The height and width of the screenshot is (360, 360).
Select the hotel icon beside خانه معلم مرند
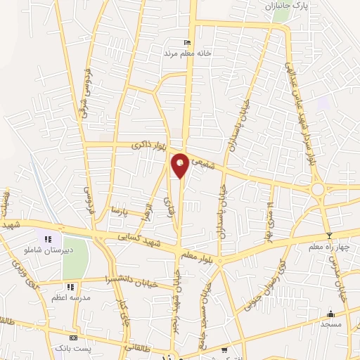pyautogui.click(x=186, y=42)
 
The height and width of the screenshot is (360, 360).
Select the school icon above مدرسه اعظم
pyautogui.click(x=70, y=287)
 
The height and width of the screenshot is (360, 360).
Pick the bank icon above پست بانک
pyautogui.click(x=74, y=338)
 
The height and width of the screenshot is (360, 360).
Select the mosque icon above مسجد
pyautogui.click(x=330, y=314)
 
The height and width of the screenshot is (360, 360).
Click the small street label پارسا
pyautogui.click(x=120, y=210)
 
